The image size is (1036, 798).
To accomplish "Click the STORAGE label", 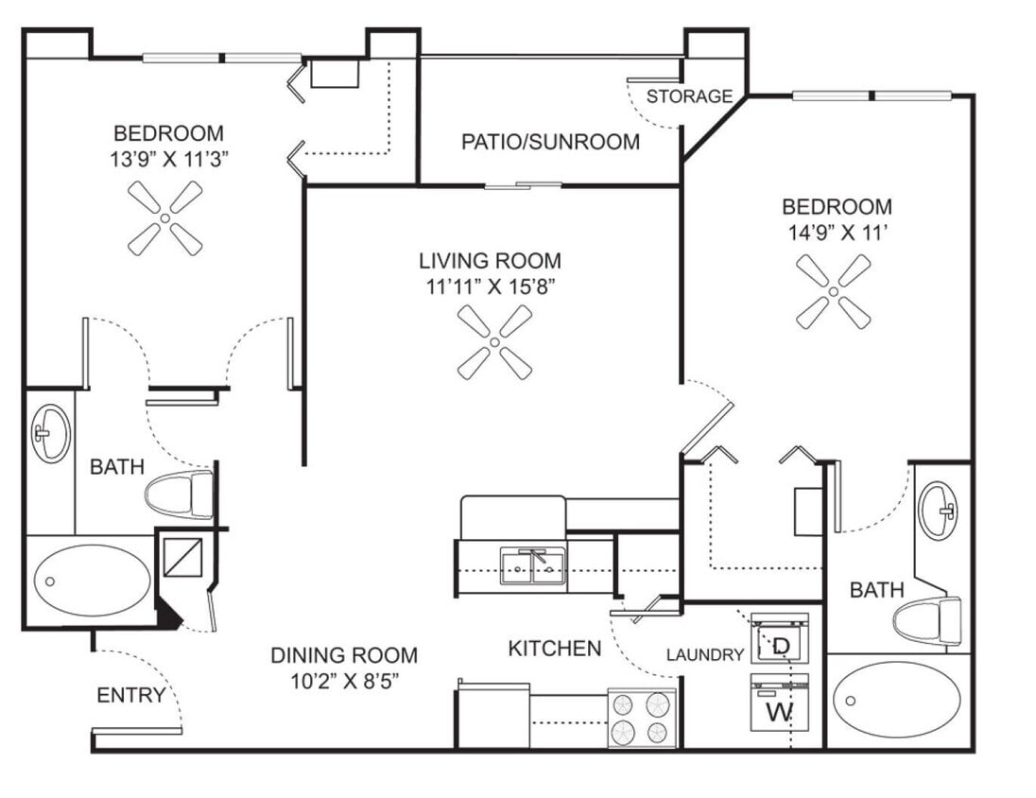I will tap(689, 95).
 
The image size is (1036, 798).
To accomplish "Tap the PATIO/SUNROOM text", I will tap(550, 142).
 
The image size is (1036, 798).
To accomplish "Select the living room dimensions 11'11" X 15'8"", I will tap(490, 286).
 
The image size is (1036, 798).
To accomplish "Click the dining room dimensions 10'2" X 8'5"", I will tap(344, 681).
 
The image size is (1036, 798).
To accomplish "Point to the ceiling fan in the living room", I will tap(494, 342).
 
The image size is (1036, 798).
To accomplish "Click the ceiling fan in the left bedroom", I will tap(164, 218).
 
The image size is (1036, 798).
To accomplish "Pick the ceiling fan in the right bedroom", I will tap(833, 291).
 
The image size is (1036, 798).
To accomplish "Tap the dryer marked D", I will tap(780, 641).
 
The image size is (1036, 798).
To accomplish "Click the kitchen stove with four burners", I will tap(642, 719).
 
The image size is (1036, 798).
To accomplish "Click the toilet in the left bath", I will tap(180, 495).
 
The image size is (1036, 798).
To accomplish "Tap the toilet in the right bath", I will tap(926, 621).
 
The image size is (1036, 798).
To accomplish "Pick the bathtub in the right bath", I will tap(897, 699).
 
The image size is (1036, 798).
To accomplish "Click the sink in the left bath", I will tap(50, 434).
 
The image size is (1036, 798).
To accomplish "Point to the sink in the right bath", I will tap(939, 511).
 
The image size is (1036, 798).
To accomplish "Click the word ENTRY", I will tap(130, 696).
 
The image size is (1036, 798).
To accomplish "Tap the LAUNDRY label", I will tap(704, 654).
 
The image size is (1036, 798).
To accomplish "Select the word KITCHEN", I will tap(554, 648).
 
